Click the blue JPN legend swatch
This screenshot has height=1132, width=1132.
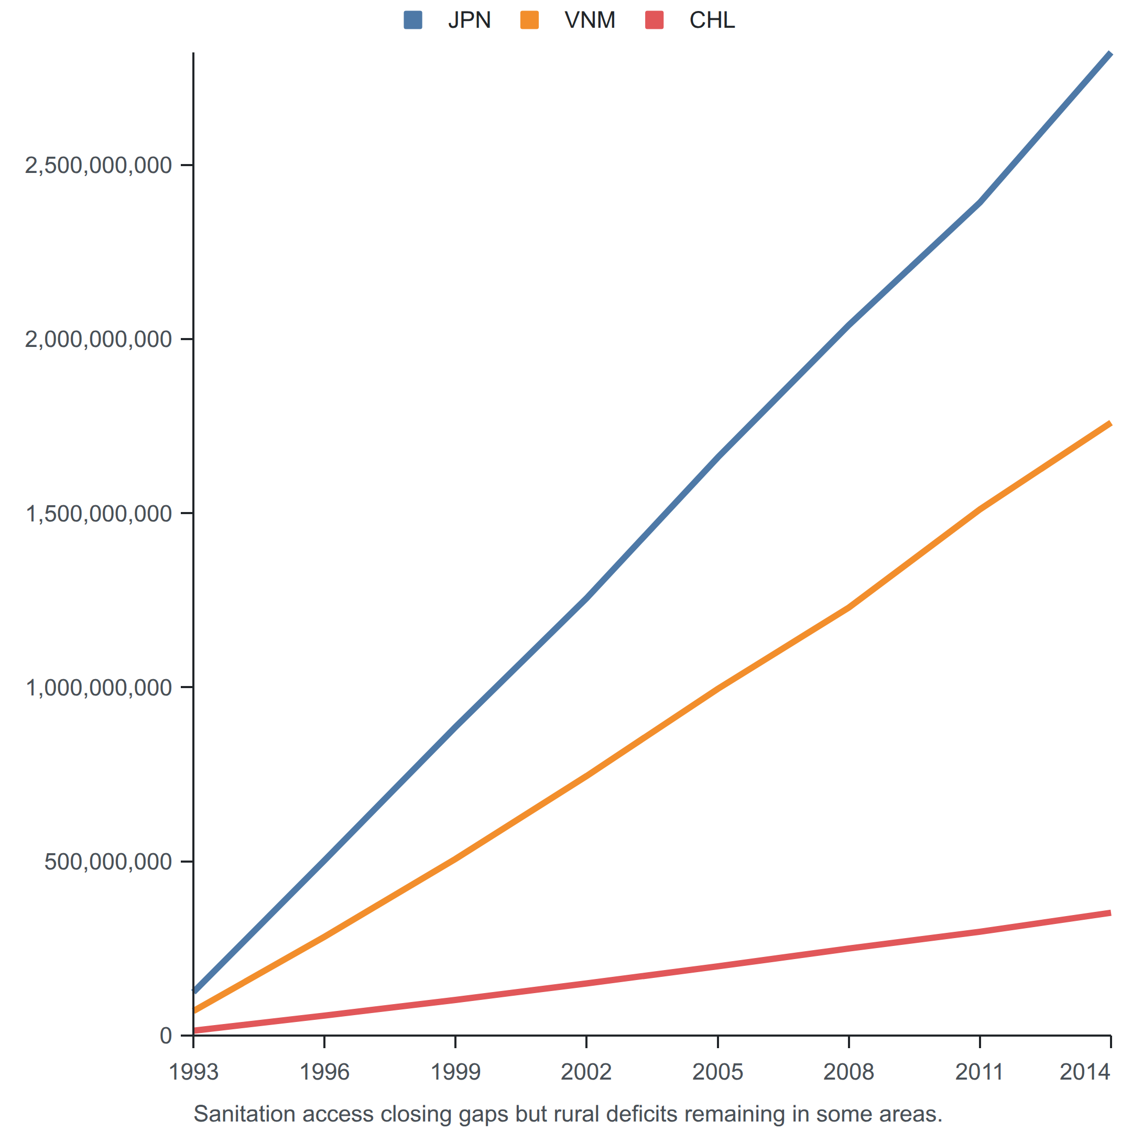pyautogui.click(x=413, y=20)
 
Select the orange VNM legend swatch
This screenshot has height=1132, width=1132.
pyautogui.click(x=530, y=20)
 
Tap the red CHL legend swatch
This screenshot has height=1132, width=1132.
pyautogui.click(x=655, y=20)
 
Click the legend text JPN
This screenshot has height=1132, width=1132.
pyautogui.click(x=470, y=20)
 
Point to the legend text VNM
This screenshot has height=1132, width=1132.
pyautogui.click(x=590, y=20)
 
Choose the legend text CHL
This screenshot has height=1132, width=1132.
pyautogui.click(x=712, y=20)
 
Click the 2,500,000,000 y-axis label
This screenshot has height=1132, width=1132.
pyautogui.click(x=99, y=165)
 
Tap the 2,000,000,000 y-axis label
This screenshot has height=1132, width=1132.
pyautogui.click(x=99, y=339)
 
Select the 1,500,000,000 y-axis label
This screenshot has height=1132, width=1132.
pyautogui.click(x=99, y=513)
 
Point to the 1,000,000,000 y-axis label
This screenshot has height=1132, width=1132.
pyautogui.click(x=99, y=687)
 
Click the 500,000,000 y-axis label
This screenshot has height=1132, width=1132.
pyautogui.click(x=108, y=861)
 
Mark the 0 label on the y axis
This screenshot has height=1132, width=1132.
pyautogui.click(x=166, y=1036)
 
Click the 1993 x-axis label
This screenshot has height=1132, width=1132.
pyautogui.click(x=193, y=1072)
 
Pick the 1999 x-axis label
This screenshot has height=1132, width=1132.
pyautogui.click(x=455, y=1072)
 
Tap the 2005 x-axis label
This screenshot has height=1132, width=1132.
pyautogui.click(x=718, y=1072)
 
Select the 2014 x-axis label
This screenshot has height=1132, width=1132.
pyautogui.click(x=1085, y=1072)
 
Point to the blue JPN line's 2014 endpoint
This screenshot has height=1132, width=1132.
pyautogui.click(x=1111, y=53)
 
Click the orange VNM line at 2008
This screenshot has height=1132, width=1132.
pyautogui.click(x=849, y=607)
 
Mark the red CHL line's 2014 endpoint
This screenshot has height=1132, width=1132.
pyautogui.click(x=1111, y=913)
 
